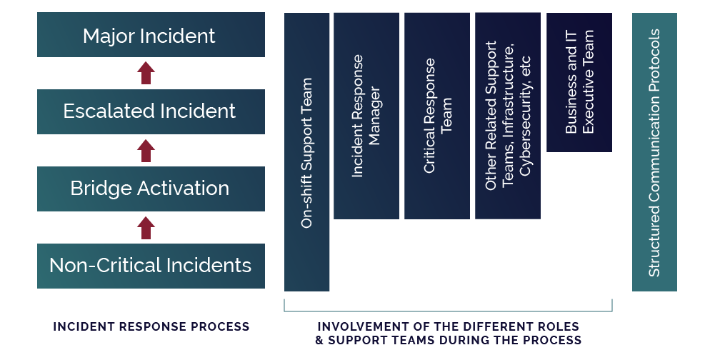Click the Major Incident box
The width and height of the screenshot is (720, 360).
coord(151,35)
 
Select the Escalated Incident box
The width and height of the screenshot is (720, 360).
coord(151,111)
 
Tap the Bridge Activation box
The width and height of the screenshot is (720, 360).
coord(151,189)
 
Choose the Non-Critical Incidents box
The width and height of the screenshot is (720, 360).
coord(151,266)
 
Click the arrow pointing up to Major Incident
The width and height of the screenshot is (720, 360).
coord(146,73)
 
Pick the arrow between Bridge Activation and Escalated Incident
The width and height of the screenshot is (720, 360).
coord(146,150)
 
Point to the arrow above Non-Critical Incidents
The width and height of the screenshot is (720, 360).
coord(146,227)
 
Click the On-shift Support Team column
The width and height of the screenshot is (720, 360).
coord(307,152)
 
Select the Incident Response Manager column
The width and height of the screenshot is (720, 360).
coord(366,116)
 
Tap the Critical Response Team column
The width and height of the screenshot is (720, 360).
coord(437,116)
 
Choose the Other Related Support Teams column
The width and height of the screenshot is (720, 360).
coord(508,116)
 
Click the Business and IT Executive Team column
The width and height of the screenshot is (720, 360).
coord(579,82)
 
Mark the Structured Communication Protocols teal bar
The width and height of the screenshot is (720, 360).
coord(654,152)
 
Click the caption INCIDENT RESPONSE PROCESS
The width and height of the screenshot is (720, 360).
coord(151,326)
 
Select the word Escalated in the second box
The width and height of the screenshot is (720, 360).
coord(104,111)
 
